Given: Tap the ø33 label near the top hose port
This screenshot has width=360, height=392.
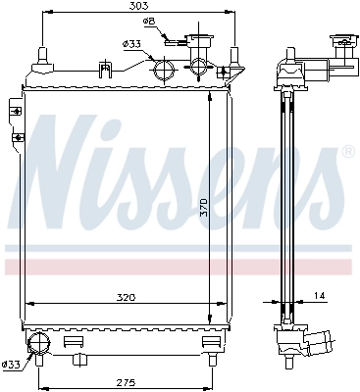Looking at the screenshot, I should click(131, 43).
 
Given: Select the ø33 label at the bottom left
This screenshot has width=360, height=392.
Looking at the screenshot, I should click(10, 365).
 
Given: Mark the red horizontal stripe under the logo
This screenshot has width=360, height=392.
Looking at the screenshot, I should click(177, 266).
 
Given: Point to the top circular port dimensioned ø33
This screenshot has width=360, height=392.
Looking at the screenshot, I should click(161, 69).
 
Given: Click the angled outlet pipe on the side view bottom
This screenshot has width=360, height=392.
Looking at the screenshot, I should click(319, 342).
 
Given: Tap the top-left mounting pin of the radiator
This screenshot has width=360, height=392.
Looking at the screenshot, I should click(42, 52).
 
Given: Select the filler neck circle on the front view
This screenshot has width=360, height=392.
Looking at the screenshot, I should click(201, 68).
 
